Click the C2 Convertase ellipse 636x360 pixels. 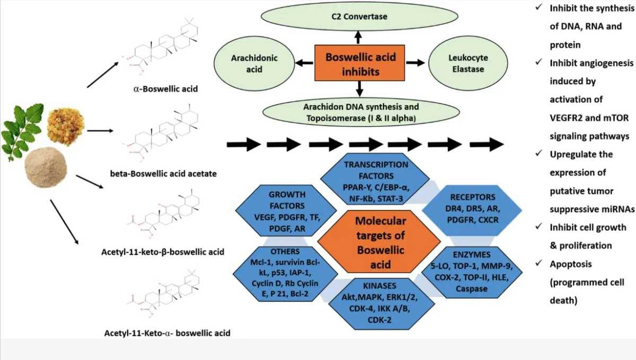(x=359, y=16)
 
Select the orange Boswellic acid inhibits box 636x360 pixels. (x=360, y=63)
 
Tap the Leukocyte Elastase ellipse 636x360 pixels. (x=468, y=63)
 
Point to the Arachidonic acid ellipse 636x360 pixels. (x=254, y=64)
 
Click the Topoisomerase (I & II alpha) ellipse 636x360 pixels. (x=361, y=112)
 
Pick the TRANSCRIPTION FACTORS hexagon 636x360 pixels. (x=375, y=179)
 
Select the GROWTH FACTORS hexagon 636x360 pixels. (x=286, y=210)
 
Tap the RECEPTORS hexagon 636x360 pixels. (x=472, y=210)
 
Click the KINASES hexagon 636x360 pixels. (x=381, y=304)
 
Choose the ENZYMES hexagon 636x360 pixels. (x=472, y=272)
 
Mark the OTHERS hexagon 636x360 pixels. (x=285, y=274)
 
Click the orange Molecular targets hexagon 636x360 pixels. (x=379, y=242)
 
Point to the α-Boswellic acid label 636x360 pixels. (x=165, y=89)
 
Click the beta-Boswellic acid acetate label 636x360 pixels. (x=163, y=173)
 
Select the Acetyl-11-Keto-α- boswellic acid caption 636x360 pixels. (x=167, y=333)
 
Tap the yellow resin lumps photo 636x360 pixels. (x=66, y=126)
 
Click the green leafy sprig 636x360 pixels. (x=22, y=131)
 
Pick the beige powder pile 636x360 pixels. (x=46, y=167)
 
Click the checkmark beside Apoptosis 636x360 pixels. (x=538, y=263)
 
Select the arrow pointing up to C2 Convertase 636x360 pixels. (x=358, y=37)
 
